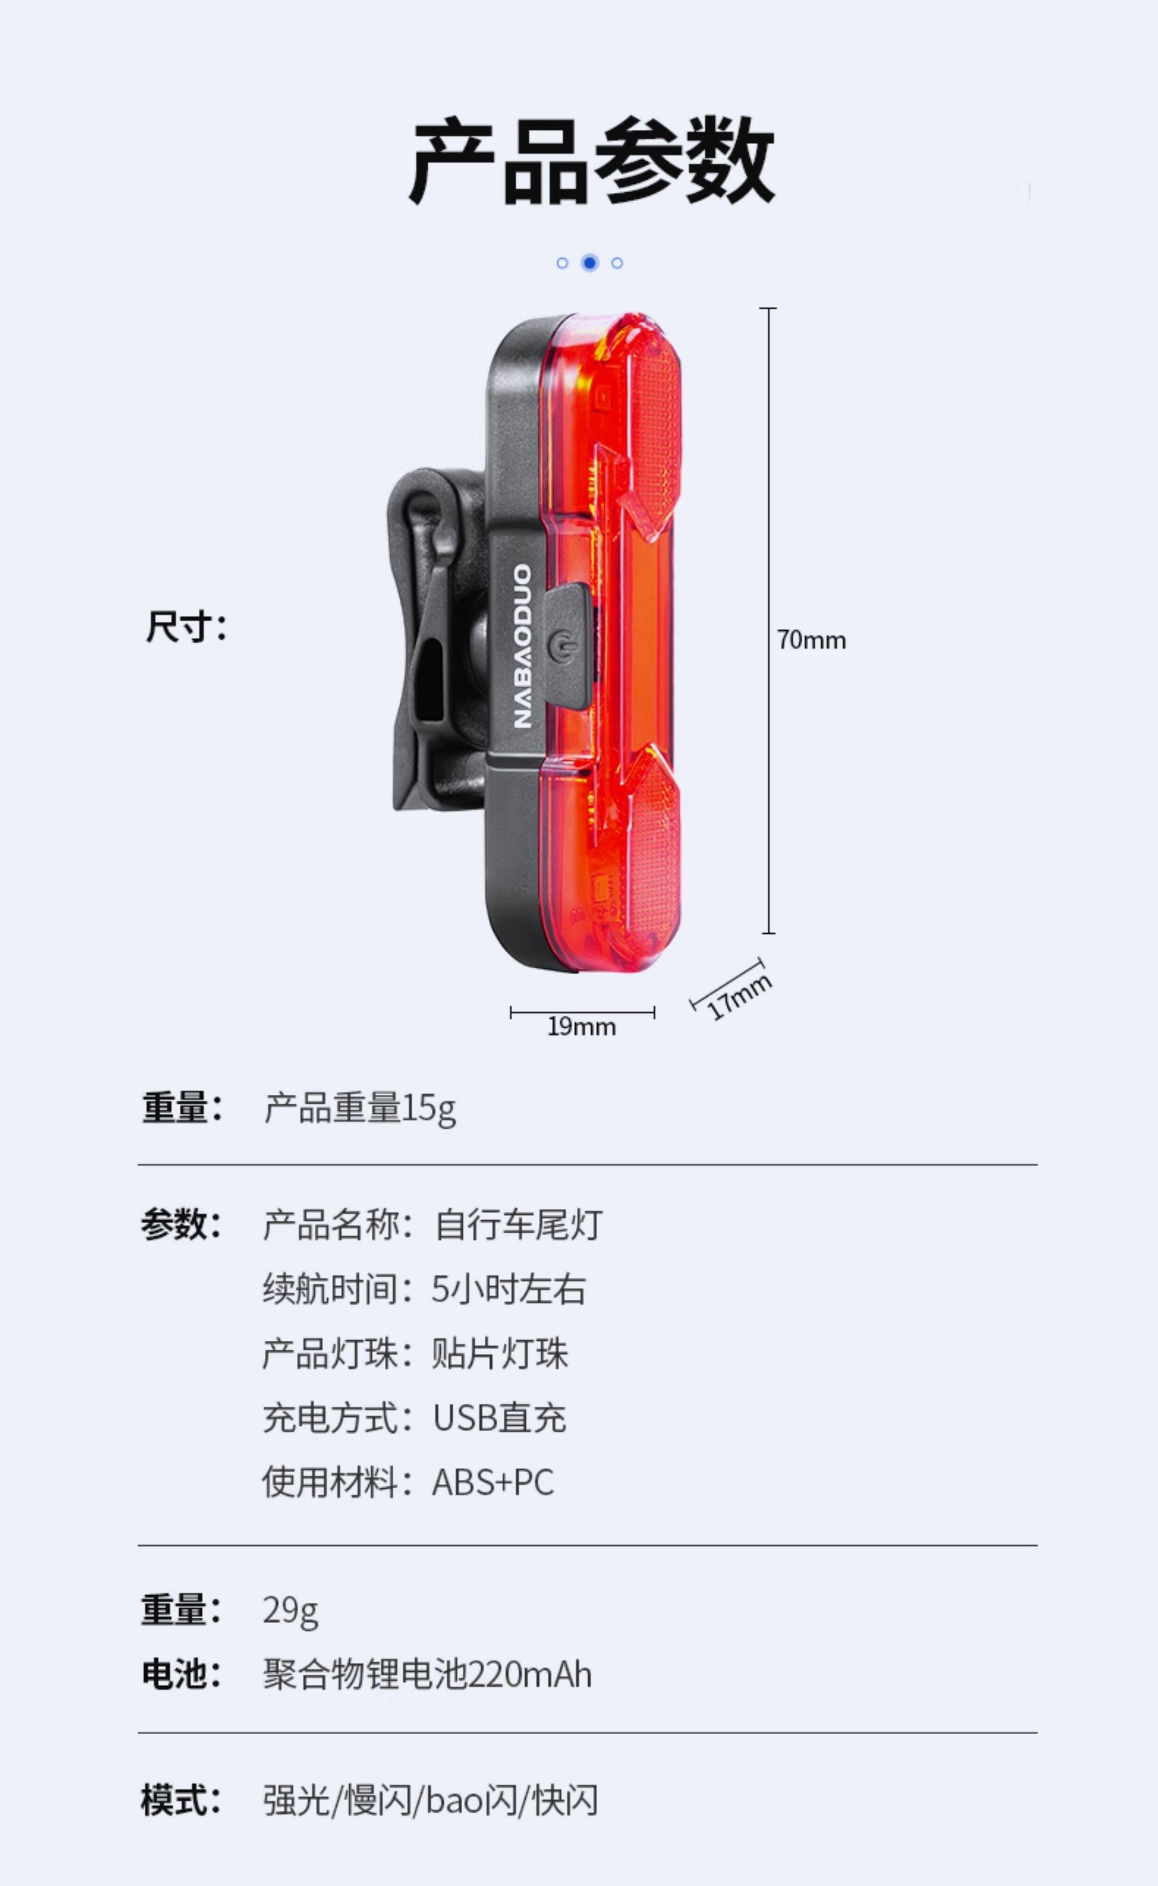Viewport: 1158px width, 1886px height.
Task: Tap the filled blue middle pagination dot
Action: [589, 263]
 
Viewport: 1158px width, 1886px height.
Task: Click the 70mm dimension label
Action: [811, 640]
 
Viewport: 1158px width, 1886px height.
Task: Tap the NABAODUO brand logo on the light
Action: [523, 646]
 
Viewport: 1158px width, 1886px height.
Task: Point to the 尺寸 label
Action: [186, 627]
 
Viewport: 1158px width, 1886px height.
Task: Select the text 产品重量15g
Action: [360, 1108]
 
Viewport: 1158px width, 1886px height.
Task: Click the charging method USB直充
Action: [499, 1417]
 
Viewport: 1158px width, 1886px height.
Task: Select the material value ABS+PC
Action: [493, 1482]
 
